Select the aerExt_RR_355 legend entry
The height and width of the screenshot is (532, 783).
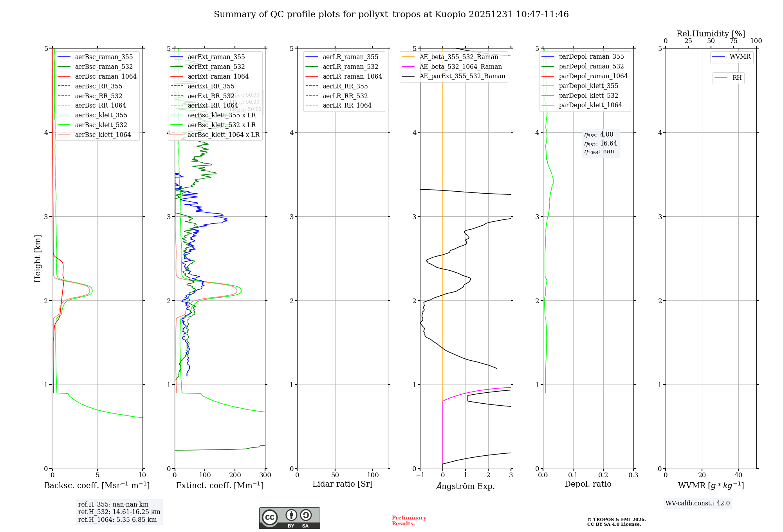click(211, 86)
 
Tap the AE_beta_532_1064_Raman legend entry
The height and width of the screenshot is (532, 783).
click(460, 66)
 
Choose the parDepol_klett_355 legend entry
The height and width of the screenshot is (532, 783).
click(588, 86)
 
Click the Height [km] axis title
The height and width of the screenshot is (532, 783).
click(38, 258)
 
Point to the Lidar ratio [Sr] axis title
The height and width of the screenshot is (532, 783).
click(343, 484)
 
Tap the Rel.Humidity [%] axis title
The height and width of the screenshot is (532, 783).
click(711, 34)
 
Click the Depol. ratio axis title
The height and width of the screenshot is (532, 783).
click(588, 484)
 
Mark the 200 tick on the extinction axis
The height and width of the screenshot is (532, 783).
click(235, 475)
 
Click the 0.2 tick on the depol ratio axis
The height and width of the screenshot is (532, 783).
click(603, 475)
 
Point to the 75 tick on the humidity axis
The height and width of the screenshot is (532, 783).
click(733, 41)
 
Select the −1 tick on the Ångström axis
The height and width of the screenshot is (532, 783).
click(420, 475)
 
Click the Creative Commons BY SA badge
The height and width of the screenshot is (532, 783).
click(289, 518)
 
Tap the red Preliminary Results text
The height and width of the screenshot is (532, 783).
click(409, 520)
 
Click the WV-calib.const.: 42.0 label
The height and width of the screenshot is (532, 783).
click(697, 503)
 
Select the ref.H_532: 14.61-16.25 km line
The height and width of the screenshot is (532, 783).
click(119, 512)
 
